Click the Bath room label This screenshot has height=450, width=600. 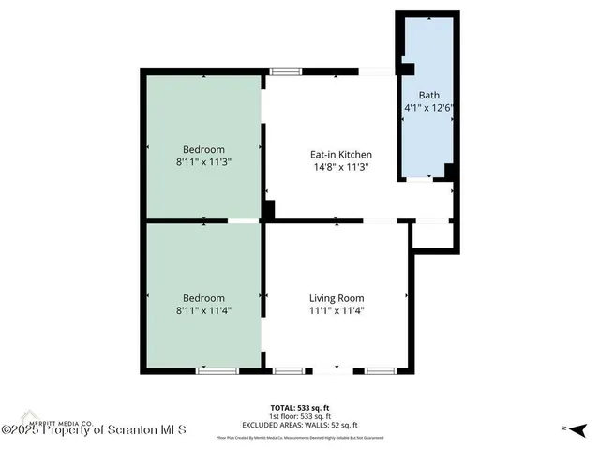(428, 95)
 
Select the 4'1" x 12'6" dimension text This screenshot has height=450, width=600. (428, 108)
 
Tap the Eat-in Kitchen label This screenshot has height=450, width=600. (341, 155)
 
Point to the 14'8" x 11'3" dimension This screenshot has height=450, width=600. (341, 168)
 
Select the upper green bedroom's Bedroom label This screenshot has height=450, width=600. (203, 149)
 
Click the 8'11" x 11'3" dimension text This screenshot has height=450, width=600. (203, 162)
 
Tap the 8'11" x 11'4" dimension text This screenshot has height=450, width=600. (203, 310)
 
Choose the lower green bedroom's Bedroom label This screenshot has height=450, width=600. (203, 297)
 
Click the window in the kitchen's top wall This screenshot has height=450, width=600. (285, 71)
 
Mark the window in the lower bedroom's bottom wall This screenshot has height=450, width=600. (213, 371)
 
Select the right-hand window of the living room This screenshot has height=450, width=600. (380, 371)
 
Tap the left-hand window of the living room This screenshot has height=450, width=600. (287, 371)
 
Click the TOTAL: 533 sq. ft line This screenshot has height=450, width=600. (299, 407)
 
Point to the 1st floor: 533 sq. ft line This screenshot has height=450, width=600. (299, 414)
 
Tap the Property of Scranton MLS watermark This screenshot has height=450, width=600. (95, 430)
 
